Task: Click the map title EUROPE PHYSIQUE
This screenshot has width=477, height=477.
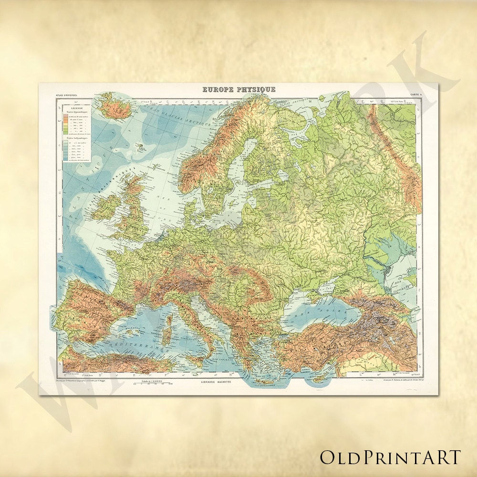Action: (x=239, y=89)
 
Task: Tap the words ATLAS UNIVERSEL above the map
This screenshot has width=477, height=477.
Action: (x=66, y=96)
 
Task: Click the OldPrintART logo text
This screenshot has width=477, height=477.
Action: (x=390, y=456)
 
